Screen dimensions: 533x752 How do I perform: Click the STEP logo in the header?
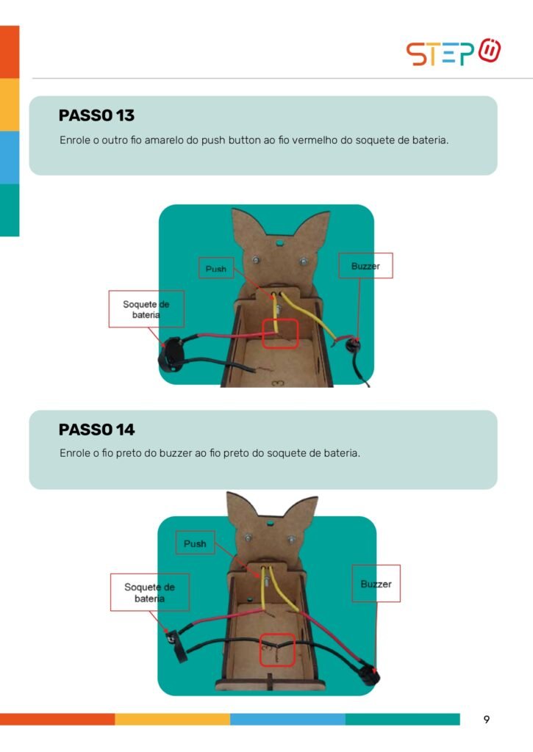[454, 52]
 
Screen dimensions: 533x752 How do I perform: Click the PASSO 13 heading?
[96, 115]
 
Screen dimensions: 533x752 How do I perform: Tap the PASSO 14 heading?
[96, 429]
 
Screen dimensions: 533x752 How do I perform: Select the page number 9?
[487, 720]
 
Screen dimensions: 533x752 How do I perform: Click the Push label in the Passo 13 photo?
[216, 269]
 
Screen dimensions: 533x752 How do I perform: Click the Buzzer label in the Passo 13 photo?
[365, 266]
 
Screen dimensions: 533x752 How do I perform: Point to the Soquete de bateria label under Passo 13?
[146, 309]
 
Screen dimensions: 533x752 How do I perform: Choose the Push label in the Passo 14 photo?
[195, 543]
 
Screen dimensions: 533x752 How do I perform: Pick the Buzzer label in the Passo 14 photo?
[376, 584]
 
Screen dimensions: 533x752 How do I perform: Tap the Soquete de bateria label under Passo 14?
[149, 593]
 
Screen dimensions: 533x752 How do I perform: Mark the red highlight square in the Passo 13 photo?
[280, 333]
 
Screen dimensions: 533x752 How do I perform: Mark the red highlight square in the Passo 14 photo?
[277, 650]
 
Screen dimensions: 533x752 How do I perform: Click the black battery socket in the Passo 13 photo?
[171, 355]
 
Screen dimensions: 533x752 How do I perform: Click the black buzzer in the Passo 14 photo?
[370, 674]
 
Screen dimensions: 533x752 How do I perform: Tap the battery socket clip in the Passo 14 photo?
[175, 645]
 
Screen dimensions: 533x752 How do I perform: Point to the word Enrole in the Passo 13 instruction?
[75, 140]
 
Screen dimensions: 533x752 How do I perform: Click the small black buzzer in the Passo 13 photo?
[354, 344]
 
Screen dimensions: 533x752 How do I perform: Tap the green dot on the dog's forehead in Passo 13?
[279, 243]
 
